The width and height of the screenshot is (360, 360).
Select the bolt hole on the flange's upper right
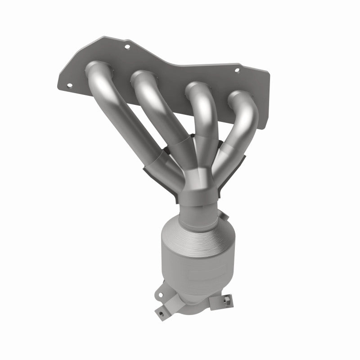pyautogui.click(x=238, y=70)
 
